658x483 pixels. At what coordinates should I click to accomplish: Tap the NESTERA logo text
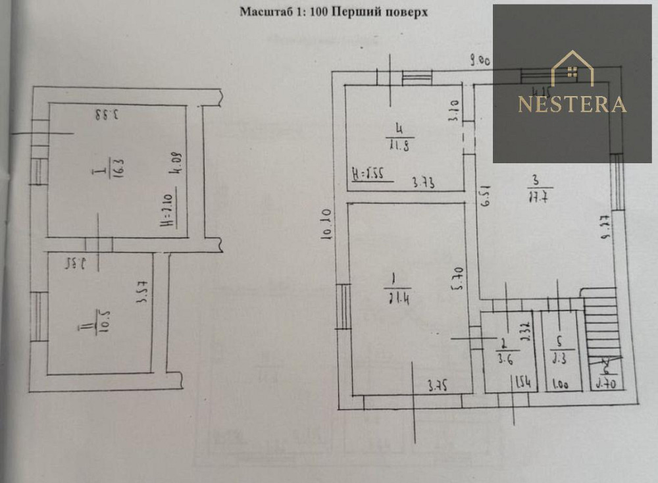point(572,104)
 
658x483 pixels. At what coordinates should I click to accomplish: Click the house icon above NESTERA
point(572,68)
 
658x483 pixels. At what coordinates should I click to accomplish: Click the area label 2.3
point(560,359)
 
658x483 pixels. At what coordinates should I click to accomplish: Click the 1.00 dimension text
point(561,384)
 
